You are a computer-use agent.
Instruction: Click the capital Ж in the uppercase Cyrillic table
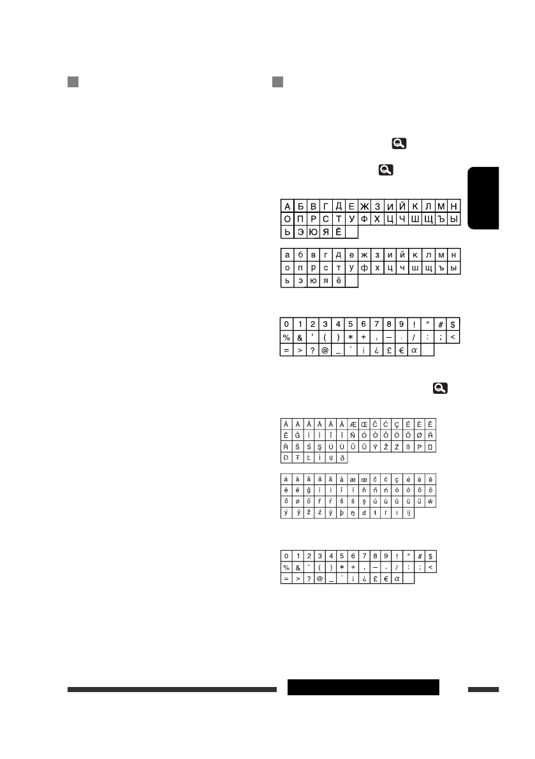coord(365,206)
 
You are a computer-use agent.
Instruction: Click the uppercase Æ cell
coord(353,424)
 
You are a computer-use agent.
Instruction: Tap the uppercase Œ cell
coord(363,424)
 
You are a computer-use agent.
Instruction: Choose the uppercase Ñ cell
coord(353,435)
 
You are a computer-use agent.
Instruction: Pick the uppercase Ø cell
coord(420,435)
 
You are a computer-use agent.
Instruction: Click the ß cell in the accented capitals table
coord(409,447)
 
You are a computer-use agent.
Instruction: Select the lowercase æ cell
coord(353,479)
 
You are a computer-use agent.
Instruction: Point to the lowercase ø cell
coord(298,502)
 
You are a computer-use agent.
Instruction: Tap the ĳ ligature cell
coord(409,513)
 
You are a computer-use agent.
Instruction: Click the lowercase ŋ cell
coord(353,513)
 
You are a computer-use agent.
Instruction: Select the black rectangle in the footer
coord(363,688)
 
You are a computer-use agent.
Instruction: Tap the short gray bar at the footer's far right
coord(483,690)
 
